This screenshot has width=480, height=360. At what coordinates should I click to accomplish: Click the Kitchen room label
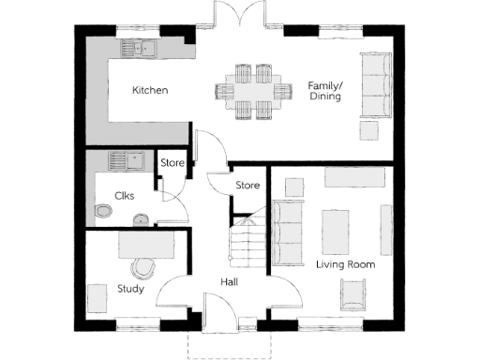[150, 91]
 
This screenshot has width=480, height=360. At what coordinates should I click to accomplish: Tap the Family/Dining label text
[325, 91]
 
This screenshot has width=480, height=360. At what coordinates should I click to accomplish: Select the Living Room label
[345, 265]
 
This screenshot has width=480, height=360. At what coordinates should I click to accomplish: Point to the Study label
[130, 289]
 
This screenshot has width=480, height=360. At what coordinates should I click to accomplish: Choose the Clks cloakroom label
[125, 196]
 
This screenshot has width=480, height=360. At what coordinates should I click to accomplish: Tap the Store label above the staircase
[247, 185]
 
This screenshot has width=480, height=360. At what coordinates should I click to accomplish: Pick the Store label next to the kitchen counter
[172, 163]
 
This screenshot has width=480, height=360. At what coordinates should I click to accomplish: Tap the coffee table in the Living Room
[335, 230]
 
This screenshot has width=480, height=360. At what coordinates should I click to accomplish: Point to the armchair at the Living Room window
[352, 297]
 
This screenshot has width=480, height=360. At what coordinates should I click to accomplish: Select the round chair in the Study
[142, 269]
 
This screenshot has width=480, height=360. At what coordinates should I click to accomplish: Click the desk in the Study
[146, 245]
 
